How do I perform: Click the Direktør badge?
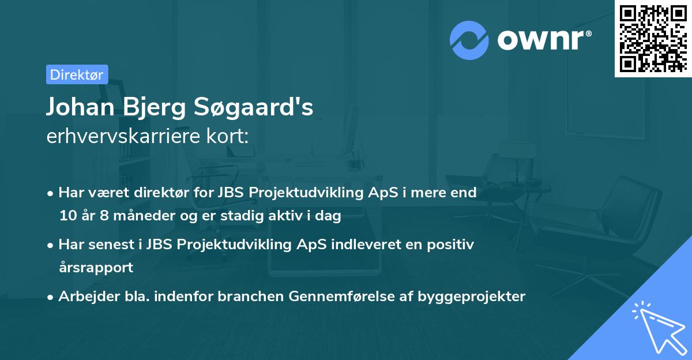pos(77,74)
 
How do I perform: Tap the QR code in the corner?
pos(652,38)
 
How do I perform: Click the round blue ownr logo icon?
pos(469,40)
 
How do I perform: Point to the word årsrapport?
pos(96,268)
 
